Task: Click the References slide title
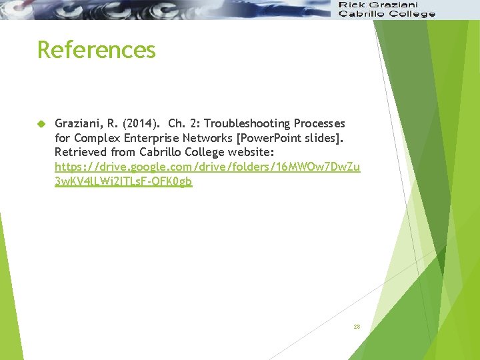97,50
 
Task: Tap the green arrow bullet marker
41,124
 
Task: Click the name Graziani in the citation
77,124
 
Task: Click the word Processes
323,124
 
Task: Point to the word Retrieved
79,152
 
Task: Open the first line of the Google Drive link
207,167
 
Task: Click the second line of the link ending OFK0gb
123,181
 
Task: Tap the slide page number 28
357,327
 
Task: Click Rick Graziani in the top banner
378,5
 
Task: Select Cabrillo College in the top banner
387,13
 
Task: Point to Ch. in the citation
177,124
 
